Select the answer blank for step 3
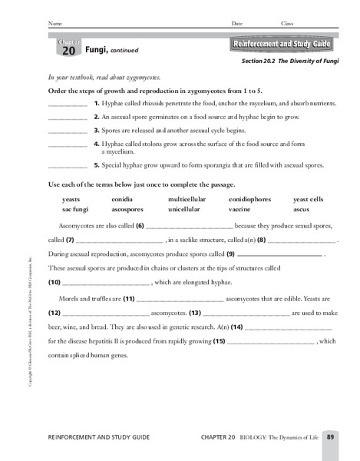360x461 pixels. point(67,131)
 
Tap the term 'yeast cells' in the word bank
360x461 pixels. point(309,199)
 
